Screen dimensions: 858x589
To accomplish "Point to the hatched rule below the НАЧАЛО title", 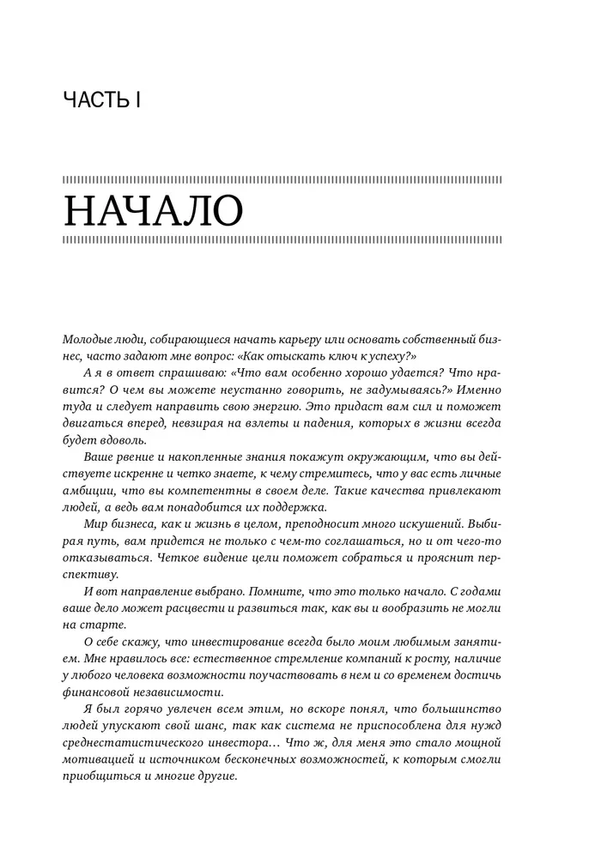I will (282, 240).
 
